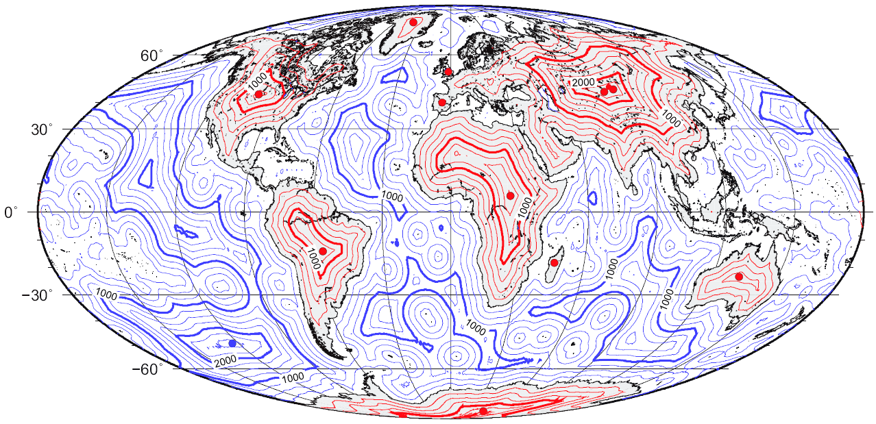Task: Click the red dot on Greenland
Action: click(x=413, y=22)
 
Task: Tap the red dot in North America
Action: click(x=258, y=94)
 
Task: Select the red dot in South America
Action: click(x=322, y=251)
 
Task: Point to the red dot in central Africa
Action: click(x=510, y=196)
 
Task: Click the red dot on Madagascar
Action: click(x=554, y=262)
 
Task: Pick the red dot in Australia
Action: click(x=739, y=277)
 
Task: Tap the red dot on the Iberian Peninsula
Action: click(x=443, y=103)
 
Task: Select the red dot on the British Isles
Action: click(x=448, y=71)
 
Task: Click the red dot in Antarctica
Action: click(x=483, y=411)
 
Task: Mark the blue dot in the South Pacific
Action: click(x=232, y=342)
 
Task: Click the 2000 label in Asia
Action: click(x=583, y=82)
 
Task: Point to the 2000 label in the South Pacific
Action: click(x=226, y=361)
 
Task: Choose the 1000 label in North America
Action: click(x=256, y=81)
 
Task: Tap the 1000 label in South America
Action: click(x=313, y=258)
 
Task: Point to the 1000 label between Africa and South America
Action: click(x=392, y=196)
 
